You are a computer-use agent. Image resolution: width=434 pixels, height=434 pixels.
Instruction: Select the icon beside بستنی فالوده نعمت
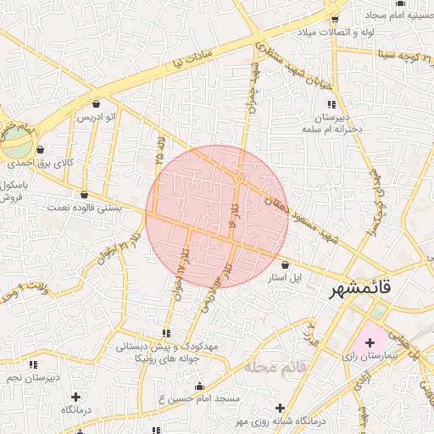pyautogui.click(x=84, y=194)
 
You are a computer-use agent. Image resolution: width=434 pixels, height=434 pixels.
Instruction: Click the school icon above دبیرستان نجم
pyautogui.click(x=35, y=365)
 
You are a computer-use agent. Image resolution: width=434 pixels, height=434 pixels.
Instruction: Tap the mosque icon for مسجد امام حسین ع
pyautogui.click(x=199, y=387)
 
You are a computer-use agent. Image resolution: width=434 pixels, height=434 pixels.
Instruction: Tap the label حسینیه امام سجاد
pyautogui.click(x=398, y=15)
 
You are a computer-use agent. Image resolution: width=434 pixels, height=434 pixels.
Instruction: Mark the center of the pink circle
pyautogui.click(x=217, y=216)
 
